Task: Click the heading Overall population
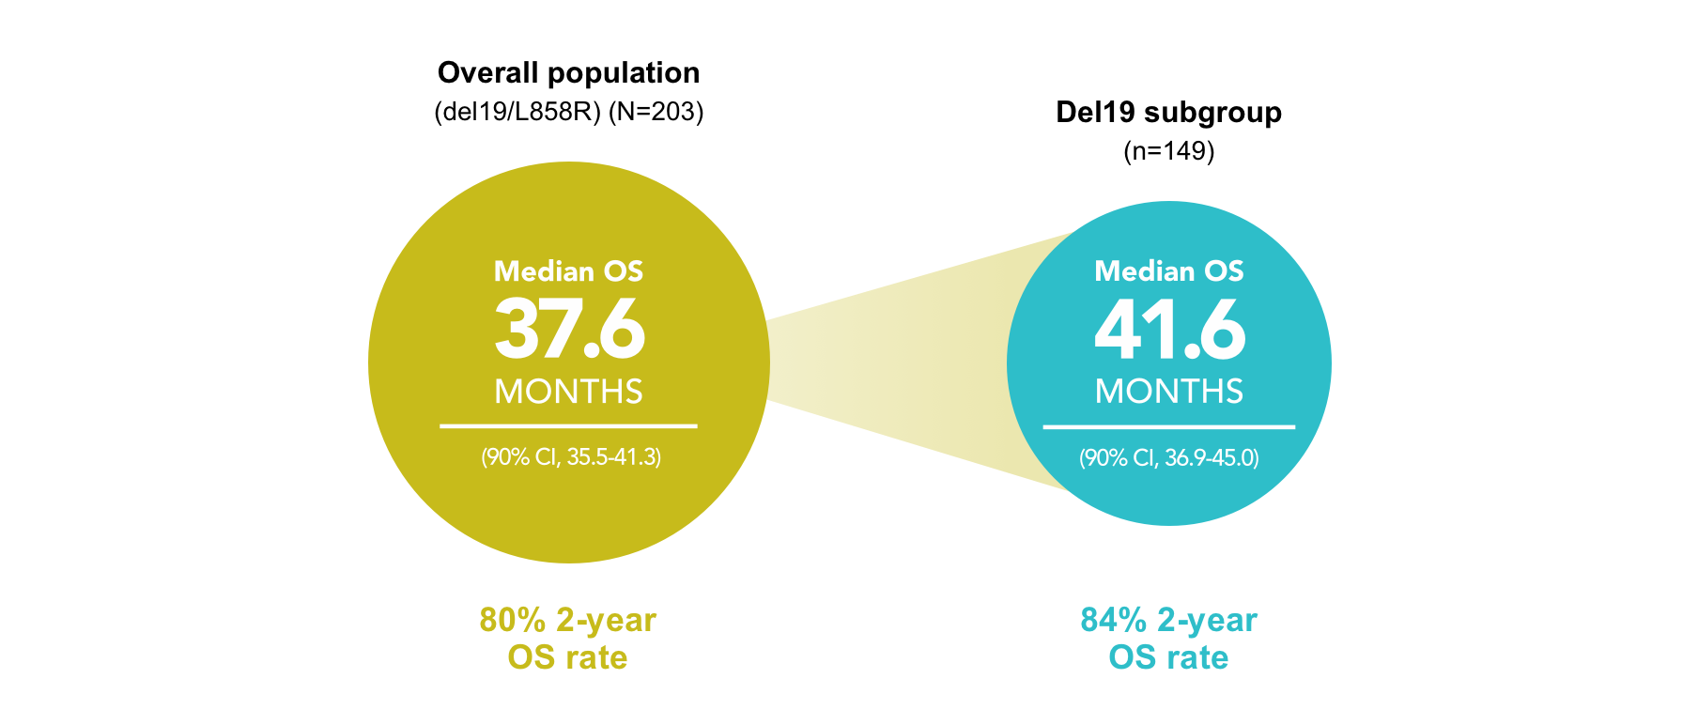tap(568, 73)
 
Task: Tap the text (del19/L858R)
tap(517, 112)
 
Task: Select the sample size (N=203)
tap(656, 112)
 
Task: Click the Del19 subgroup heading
tap(1168, 113)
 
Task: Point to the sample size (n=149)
tap(1168, 151)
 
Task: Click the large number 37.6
tap(569, 330)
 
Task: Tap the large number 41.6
tap(1169, 330)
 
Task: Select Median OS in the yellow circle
tap(568, 271)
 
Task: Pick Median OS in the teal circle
tap(1168, 271)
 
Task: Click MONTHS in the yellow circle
tap(568, 392)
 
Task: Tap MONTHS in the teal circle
tap(1168, 392)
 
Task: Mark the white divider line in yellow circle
tap(568, 426)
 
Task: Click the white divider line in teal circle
tap(1168, 427)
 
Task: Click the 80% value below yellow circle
tap(512, 621)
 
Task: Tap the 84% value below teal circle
tap(1113, 621)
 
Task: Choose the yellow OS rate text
tap(567, 657)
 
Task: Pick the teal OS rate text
tap(1168, 657)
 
